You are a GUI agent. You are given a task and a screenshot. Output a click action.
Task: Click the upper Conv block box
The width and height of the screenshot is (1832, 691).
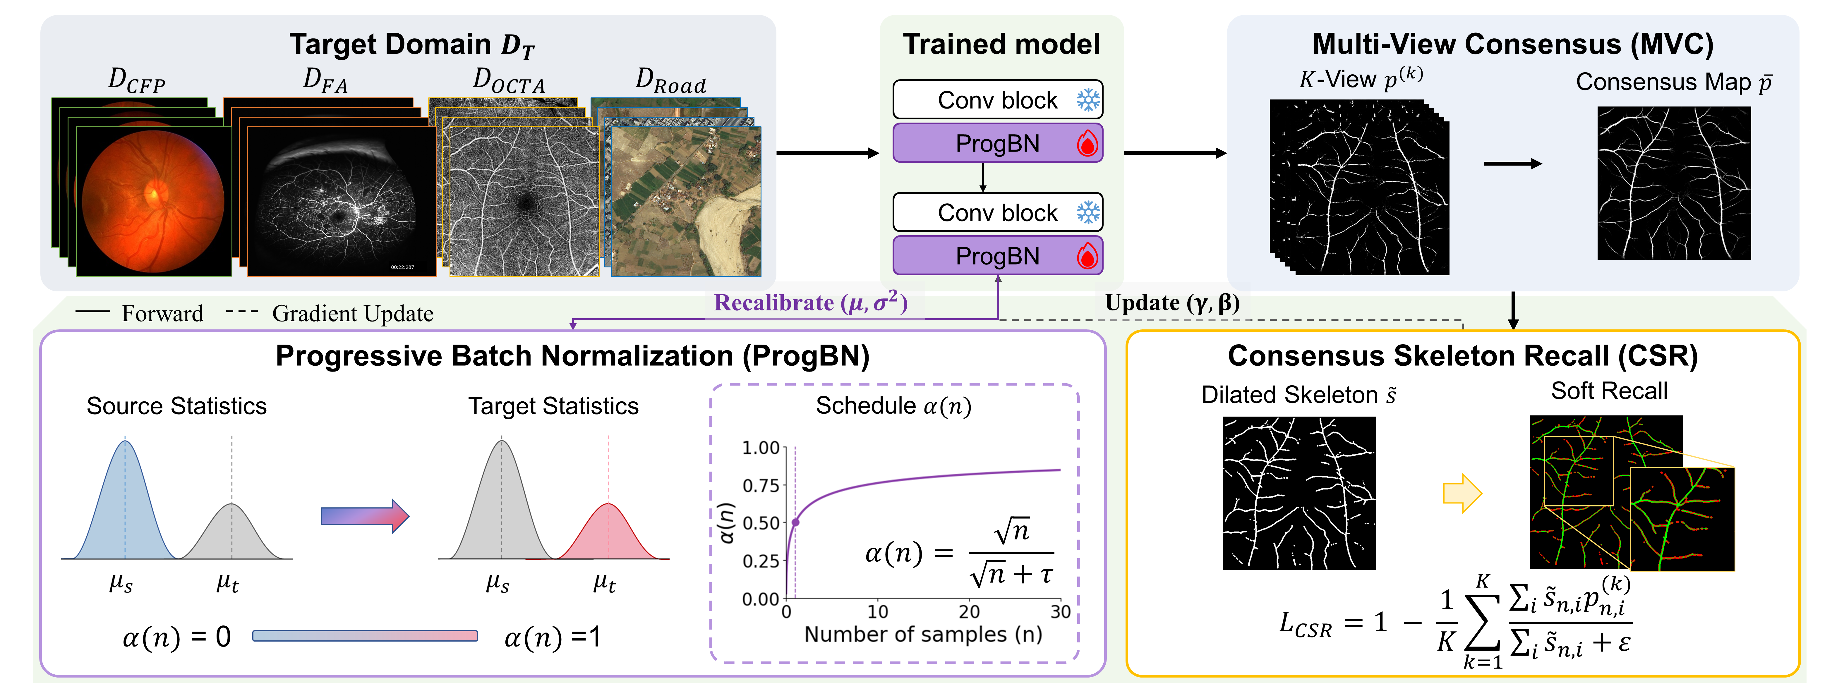pos(998,99)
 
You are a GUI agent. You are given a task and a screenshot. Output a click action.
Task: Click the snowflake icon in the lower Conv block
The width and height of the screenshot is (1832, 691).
pos(1088,213)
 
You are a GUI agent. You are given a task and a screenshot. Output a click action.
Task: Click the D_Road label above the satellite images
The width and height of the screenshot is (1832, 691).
pos(671,81)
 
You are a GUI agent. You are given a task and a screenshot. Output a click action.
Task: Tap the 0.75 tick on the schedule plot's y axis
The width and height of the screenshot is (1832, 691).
pos(761,486)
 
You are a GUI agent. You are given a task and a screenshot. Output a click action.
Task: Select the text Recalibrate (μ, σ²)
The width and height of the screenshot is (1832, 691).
pos(811,303)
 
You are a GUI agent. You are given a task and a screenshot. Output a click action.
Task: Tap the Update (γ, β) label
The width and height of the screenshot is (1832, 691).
pos(1172,303)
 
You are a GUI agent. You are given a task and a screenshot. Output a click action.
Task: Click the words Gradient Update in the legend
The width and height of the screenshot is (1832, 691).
pos(353,314)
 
